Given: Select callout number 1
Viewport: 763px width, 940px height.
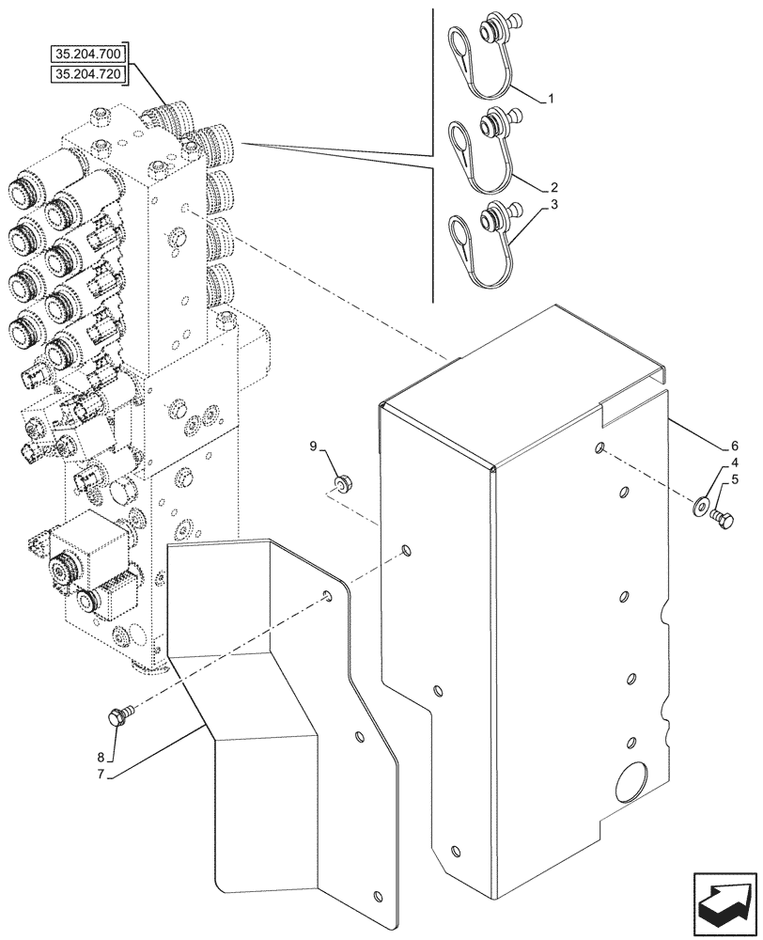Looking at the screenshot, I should tap(552, 98).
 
